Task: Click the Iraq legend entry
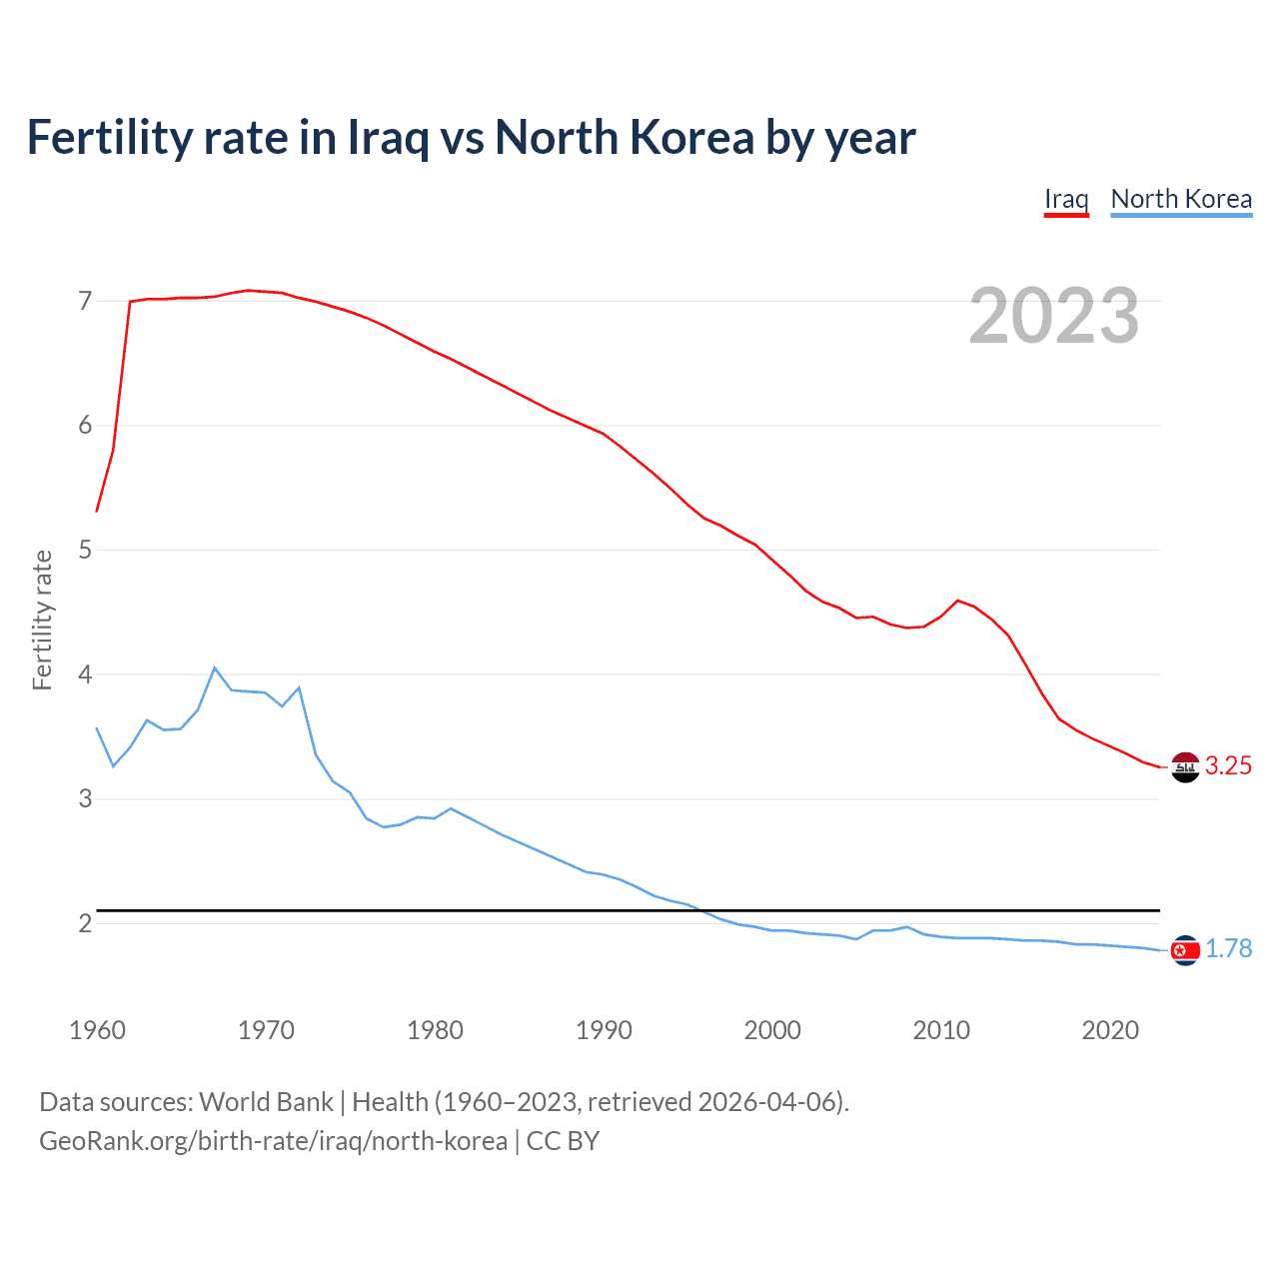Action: click(x=1066, y=199)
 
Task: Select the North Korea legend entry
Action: click(x=1181, y=199)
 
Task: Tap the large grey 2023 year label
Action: click(x=1053, y=316)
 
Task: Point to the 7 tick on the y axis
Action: click(x=85, y=301)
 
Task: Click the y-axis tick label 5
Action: click(x=85, y=550)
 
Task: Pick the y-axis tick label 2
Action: click(x=85, y=923)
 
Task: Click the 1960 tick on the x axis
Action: click(x=97, y=1030)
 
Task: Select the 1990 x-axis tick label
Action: click(x=604, y=1030)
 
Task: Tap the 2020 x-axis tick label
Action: click(x=1110, y=1030)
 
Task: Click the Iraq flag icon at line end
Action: click(x=1185, y=767)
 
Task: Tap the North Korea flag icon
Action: click(x=1185, y=950)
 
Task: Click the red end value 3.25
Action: click(x=1228, y=766)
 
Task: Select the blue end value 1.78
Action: click(x=1228, y=949)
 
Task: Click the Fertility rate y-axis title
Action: click(x=42, y=620)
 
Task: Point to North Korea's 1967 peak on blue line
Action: click(x=215, y=667)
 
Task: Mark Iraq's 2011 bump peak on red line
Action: click(x=958, y=601)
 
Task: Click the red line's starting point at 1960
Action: click(x=97, y=511)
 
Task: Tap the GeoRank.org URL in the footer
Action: click(x=273, y=1141)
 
